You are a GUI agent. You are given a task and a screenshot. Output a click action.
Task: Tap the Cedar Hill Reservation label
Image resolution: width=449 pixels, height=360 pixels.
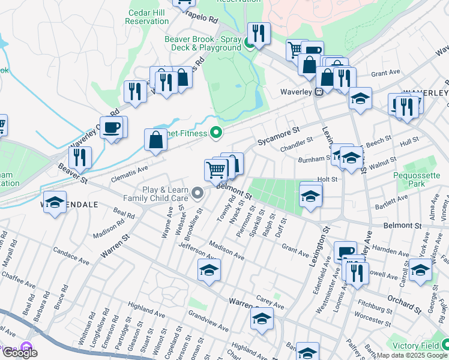point(147,16)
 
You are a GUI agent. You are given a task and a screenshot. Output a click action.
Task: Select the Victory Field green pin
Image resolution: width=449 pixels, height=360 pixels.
point(445,345)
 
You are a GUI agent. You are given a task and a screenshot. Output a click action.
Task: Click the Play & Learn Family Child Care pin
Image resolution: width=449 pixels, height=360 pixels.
point(199,193)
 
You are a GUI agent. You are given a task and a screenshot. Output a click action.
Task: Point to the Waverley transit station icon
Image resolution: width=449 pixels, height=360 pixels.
point(319,92)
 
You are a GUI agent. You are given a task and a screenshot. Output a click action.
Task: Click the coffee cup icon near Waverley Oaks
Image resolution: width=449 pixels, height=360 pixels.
point(113,127)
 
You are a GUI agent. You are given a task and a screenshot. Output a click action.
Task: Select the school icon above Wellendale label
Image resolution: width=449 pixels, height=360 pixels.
point(55,202)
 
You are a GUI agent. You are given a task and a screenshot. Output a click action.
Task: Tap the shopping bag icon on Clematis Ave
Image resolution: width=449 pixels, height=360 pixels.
point(155,140)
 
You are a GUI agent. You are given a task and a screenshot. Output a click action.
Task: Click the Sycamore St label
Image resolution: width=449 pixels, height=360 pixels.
point(278,136)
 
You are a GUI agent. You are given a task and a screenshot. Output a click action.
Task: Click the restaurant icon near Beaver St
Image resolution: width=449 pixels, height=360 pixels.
point(80,157)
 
